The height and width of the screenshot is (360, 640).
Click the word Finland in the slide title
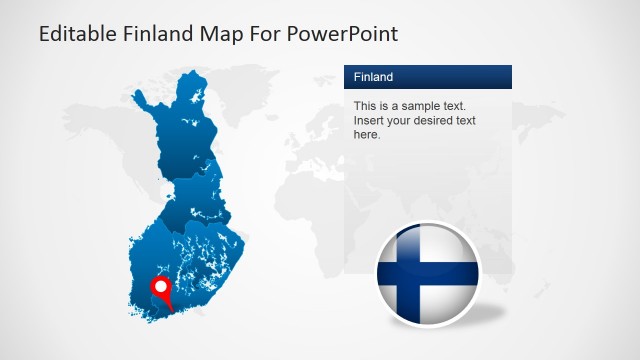click(160, 34)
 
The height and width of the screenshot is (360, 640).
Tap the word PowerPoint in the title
click(343, 34)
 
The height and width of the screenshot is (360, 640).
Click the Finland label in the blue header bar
click(373, 77)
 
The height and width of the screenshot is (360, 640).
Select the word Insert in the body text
click(369, 121)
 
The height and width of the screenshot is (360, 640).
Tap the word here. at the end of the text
click(367, 135)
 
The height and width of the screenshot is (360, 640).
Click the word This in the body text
click(365, 106)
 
